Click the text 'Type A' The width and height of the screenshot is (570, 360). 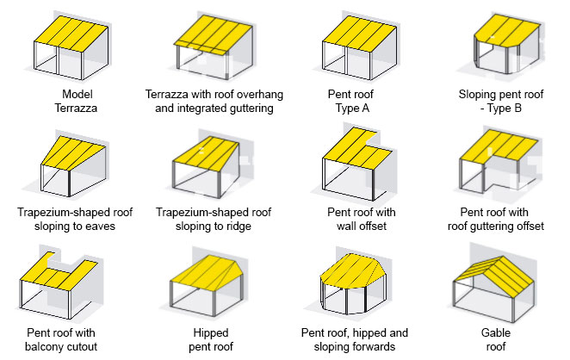[x=354, y=109]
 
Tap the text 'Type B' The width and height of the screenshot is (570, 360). [x=500, y=109]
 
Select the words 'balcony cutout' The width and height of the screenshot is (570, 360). [x=71, y=346]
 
